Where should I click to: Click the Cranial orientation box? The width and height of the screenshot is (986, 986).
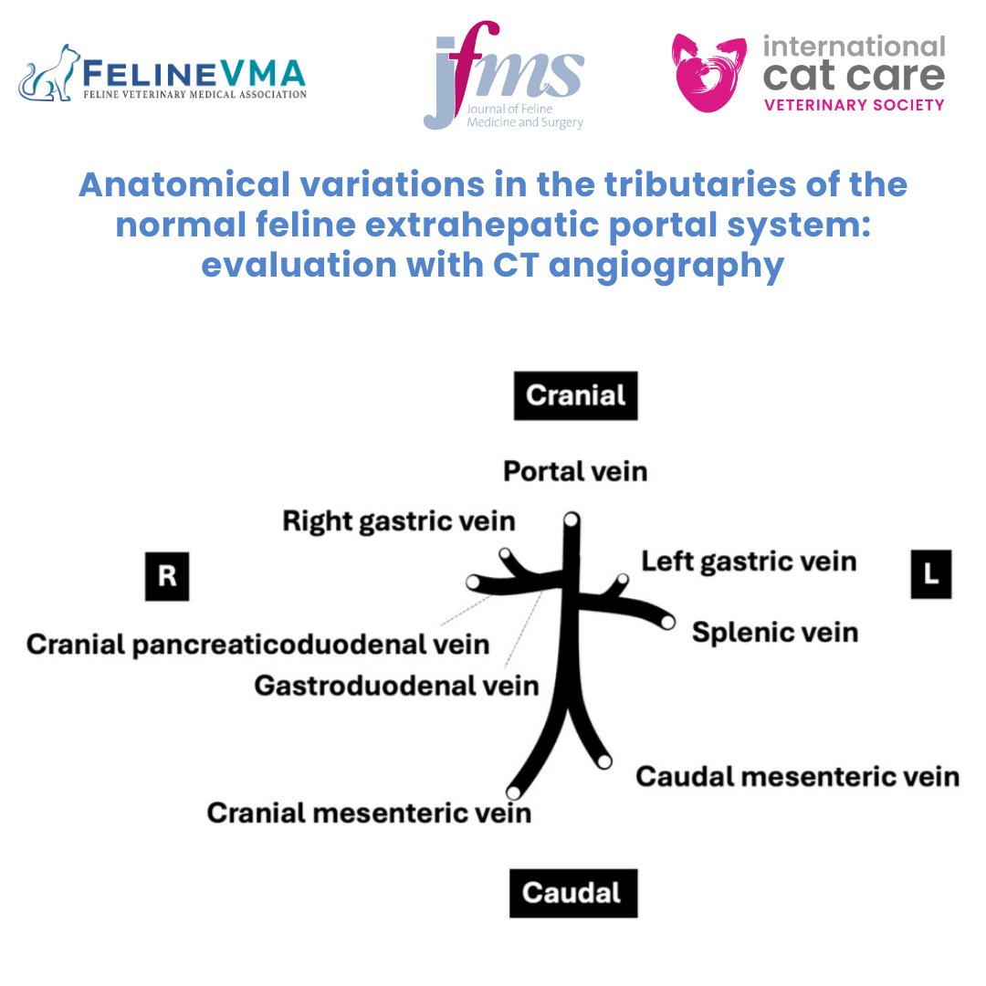coord(575,395)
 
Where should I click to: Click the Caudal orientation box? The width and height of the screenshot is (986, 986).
coord(572,892)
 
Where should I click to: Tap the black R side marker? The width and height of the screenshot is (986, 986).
coord(167,576)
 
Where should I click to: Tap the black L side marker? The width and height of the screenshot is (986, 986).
coord(930,575)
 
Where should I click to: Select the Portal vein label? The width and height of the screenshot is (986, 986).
coord(575,471)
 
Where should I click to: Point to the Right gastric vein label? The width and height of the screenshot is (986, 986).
coord(399,521)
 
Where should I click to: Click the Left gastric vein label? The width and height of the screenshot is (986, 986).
coord(749,561)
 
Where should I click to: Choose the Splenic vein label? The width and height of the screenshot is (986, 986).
coord(774,632)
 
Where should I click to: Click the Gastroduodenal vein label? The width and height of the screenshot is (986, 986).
coord(396,684)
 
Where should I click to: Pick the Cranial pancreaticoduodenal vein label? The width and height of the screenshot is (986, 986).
coord(258,645)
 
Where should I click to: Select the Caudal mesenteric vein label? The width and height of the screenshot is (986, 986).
coord(797,776)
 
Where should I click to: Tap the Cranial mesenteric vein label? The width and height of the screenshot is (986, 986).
coord(369,812)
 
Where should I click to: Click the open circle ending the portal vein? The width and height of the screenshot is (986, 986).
coord(571,519)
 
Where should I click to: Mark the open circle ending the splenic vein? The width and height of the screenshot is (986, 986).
coord(667,622)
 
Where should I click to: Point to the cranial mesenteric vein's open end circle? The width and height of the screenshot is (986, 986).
coord(513,792)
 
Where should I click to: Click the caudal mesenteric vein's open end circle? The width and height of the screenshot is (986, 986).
coord(603,760)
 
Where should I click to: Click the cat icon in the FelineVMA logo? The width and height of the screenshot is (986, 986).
coord(51,75)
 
